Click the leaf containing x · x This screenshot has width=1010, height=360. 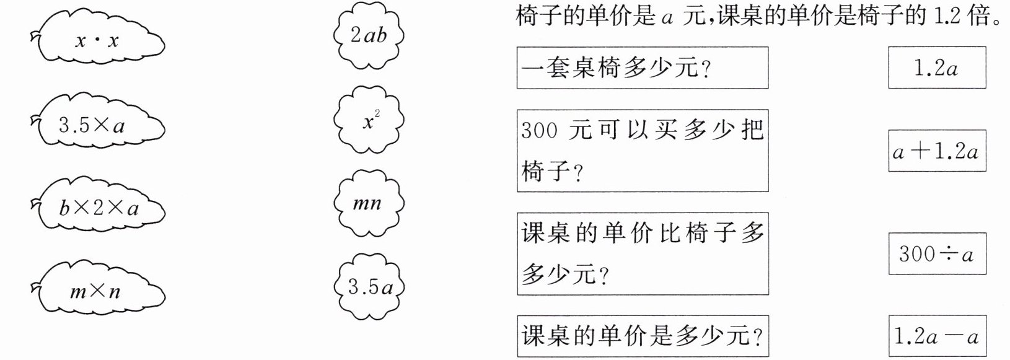tap(98, 40)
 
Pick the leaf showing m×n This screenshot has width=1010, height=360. tap(98, 291)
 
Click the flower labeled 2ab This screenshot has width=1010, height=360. tap(369, 35)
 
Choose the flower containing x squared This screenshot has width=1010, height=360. tap(369, 121)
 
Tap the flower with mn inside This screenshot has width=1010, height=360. tap(369, 204)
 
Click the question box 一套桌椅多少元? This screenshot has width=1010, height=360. tap(643, 68)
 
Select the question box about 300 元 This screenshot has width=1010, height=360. tap(643, 151)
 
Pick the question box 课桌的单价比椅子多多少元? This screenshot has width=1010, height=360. tap(643, 253)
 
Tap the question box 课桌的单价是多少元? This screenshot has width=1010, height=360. tap(643, 336)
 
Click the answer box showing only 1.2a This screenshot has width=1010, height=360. tap(937, 68)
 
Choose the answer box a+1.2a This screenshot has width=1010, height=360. tap(937, 151)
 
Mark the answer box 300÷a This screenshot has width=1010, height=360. tap(937, 253)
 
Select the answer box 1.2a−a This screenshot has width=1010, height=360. tap(937, 336)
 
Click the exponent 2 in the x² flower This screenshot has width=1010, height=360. tap(377, 114)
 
